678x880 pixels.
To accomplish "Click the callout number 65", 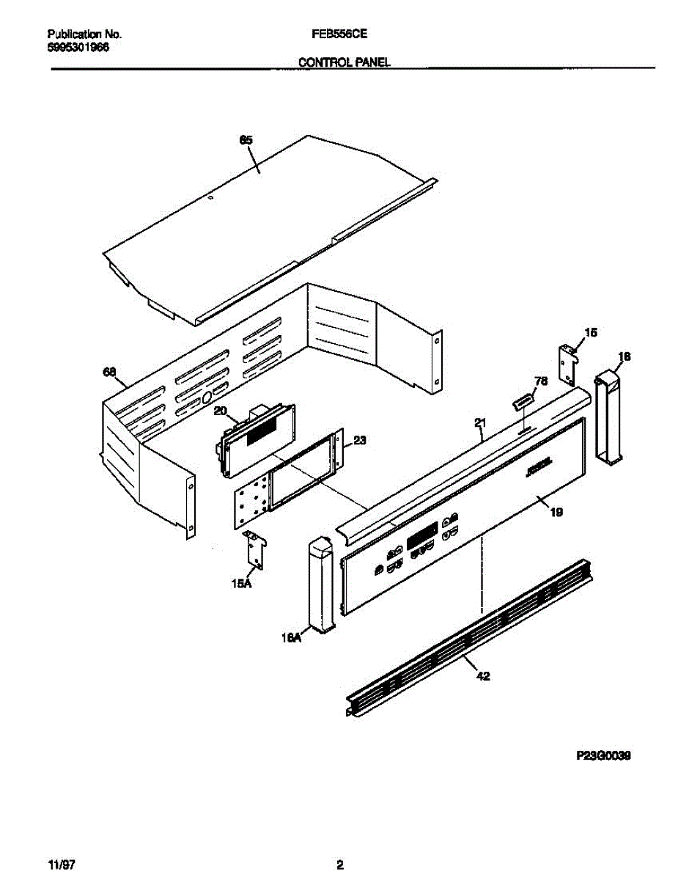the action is (x=246, y=139).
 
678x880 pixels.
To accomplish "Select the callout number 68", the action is (x=110, y=373).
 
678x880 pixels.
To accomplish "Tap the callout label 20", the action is (x=221, y=412).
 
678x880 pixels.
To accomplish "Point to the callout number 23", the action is (x=360, y=441).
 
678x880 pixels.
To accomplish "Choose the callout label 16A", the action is (x=292, y=639).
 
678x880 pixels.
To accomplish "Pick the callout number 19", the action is (x=556, y=513).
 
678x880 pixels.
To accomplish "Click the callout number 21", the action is (x=481, y=422).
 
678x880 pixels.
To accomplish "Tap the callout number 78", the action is (x=542, y=381).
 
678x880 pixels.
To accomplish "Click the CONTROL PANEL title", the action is (x=344, y=63).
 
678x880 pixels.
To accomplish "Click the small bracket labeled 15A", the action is (x=256, y=549).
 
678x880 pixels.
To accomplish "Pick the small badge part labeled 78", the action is (x=522, y=402).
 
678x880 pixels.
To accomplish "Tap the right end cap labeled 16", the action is (x=608, y=418).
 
